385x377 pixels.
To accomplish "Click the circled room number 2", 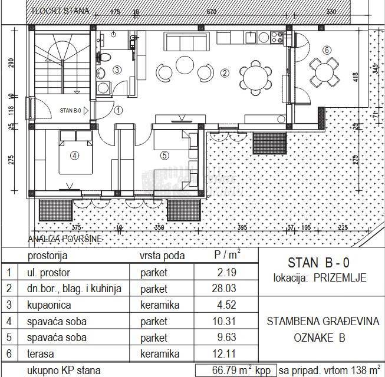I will coord(224,74).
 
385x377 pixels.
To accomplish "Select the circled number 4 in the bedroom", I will coord(74,156).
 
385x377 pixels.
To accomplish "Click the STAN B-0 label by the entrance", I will coord(74,110).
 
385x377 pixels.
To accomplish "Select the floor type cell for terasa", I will coord(159,353).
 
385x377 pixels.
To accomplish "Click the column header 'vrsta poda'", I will coord(162,256).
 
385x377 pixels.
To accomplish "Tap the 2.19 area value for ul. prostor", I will coord(226,273).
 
